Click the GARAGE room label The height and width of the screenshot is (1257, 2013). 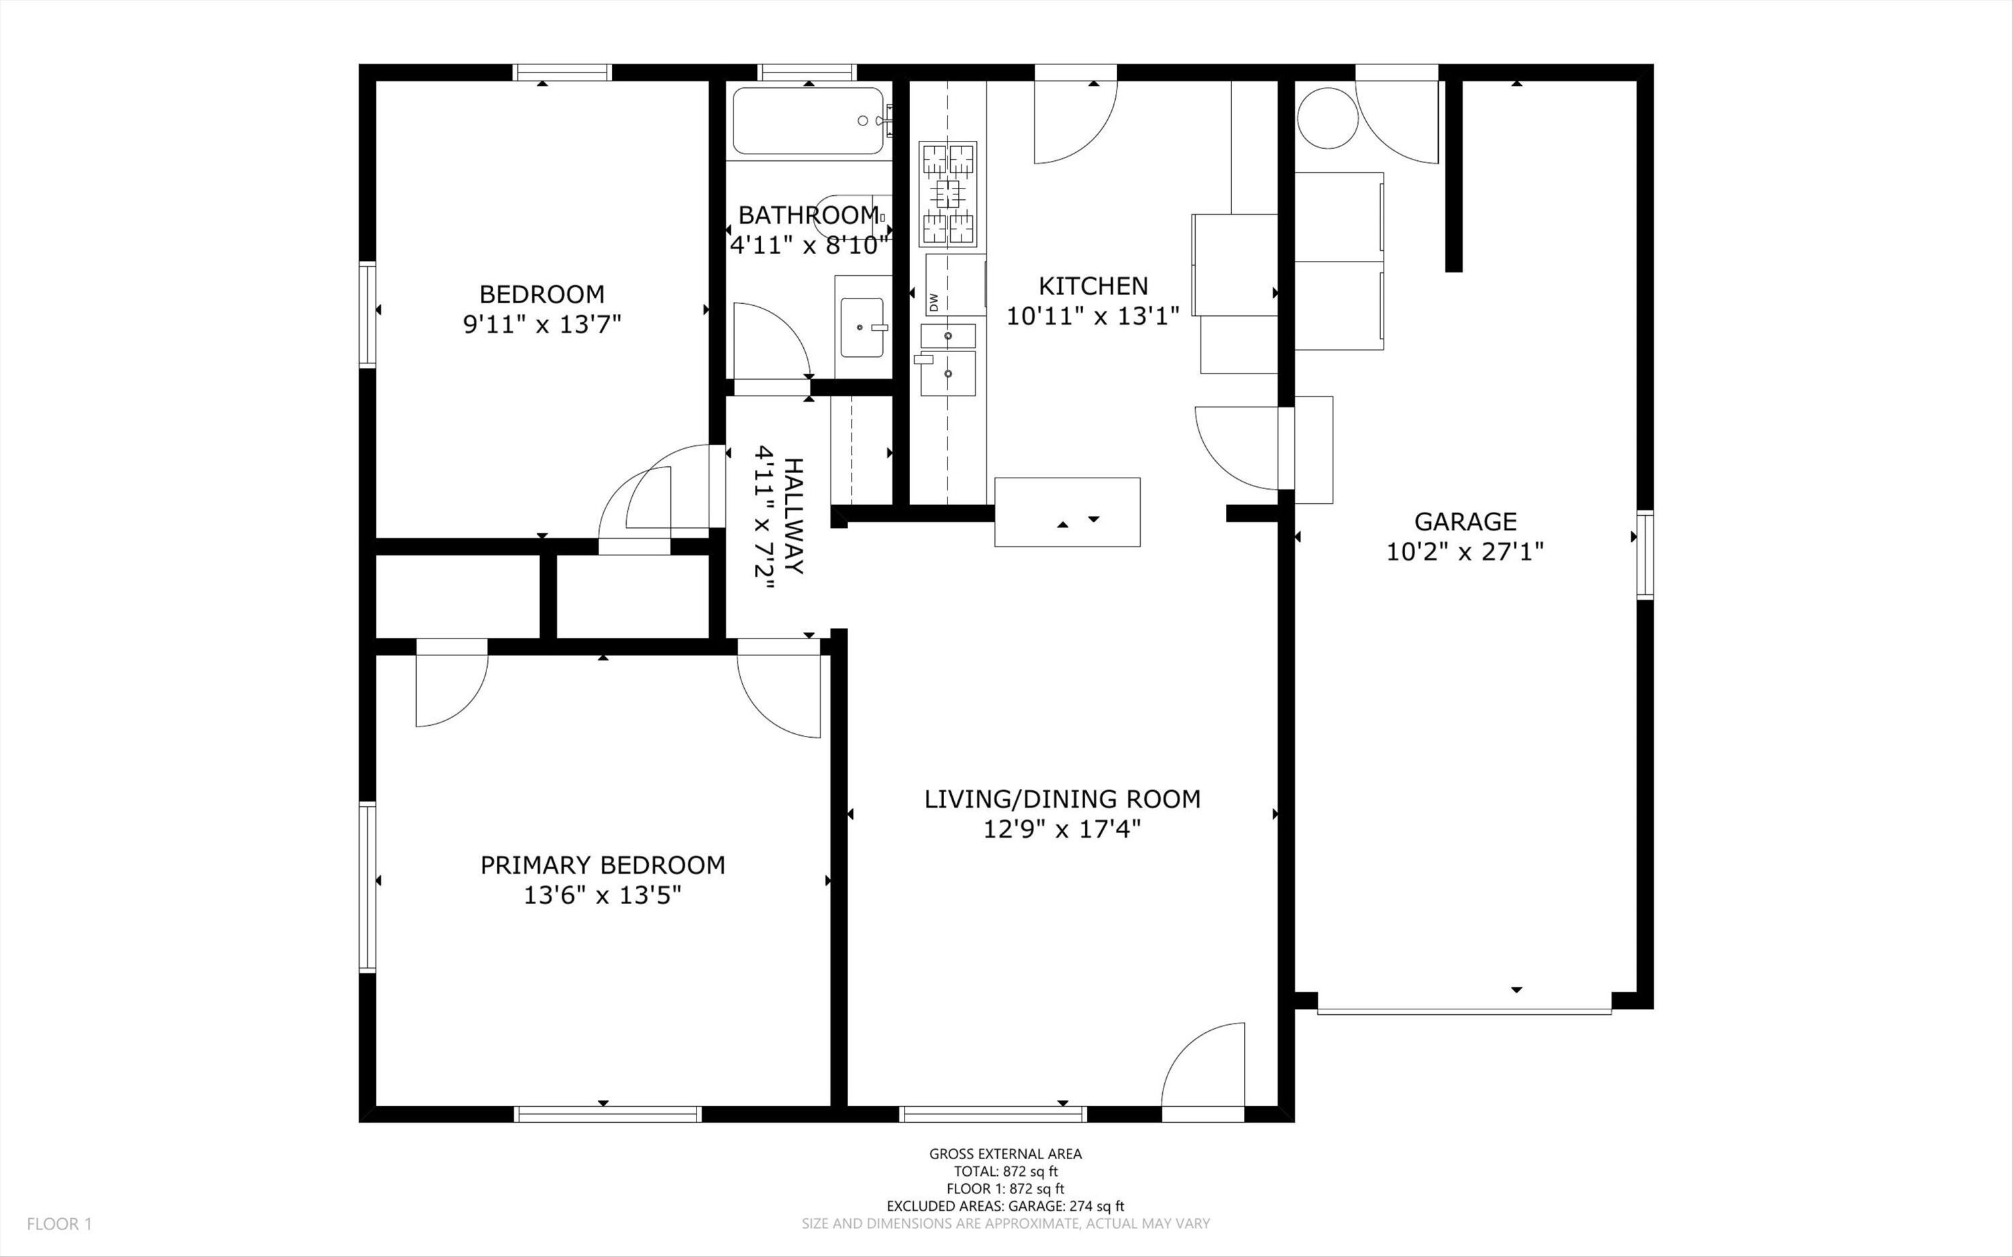(x=1464, y=521)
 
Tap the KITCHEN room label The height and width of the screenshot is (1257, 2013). (x=1092, y=286)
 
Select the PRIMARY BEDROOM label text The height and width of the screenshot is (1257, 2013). (x=603, y=865)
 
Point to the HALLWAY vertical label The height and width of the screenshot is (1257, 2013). (x=794, y=515)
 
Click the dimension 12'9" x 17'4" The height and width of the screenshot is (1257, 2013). (x=1062, y=830)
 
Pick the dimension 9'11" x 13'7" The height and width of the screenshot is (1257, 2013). (x=542, y=324)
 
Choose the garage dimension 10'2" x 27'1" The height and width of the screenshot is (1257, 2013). (x=1465, y=552)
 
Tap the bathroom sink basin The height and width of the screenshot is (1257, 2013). (x=862, y=327)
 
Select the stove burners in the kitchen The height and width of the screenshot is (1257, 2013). (x=948, y=194)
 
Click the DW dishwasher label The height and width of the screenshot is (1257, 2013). (x=933, y=302)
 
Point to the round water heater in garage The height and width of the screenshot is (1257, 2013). (x=1328, y=118)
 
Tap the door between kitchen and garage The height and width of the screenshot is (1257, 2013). (x=1237, y=447)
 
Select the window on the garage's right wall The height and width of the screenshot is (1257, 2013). (x=1645, y=555)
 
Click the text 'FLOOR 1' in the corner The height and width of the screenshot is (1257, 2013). (x=59, y=1223)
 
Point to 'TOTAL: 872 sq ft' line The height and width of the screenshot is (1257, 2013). (x=1005, y=1171)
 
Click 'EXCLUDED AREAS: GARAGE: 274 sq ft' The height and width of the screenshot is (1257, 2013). (x=1005, y=1206)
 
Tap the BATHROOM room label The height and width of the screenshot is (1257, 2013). (x=808, y=215)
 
